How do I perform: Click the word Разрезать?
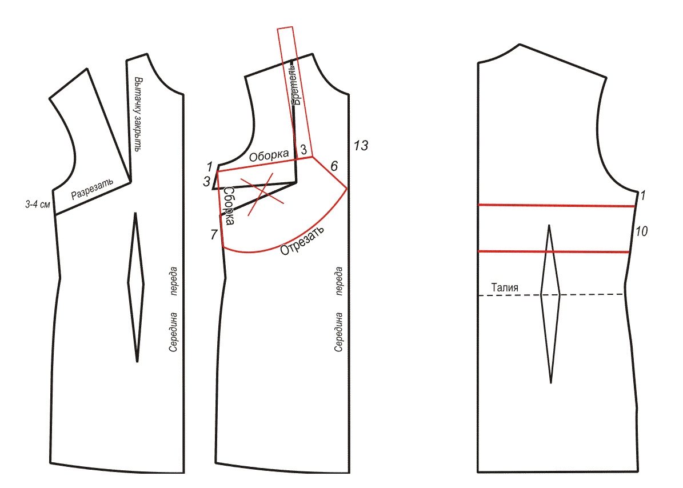point(93,187)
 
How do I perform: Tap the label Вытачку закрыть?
point(138,114)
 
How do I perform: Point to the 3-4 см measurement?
point(38,204)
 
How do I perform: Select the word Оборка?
point(269,155)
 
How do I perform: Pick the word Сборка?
point(228,206)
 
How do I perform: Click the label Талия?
point(505,287)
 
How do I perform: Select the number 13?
point(361,145)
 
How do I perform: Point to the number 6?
point(334,166)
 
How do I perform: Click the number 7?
point(213,235)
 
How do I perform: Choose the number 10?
point(641,231)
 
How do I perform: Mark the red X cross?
point(263,193)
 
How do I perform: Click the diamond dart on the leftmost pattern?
point(136,287)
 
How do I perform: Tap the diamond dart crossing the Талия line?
point(550,304)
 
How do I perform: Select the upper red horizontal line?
point(556,205)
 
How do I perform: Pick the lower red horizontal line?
point(554,251)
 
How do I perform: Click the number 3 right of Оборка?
point(303,149)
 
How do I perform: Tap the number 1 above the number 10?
point(642,195)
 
